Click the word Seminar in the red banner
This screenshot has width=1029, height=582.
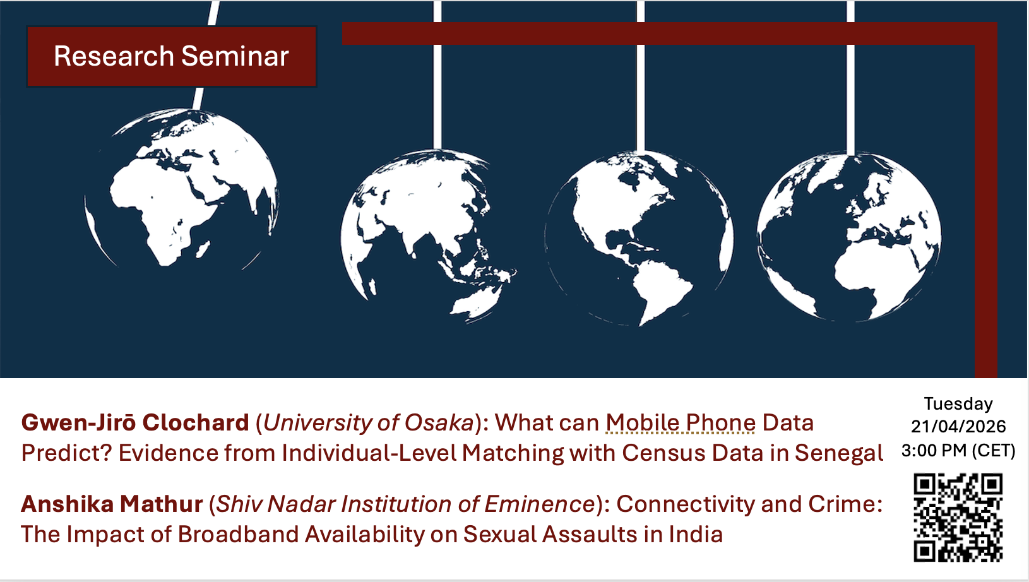tap(235, 56)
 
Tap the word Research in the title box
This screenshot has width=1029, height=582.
tap(114, 56)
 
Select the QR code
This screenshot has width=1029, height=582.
tap(958, 518)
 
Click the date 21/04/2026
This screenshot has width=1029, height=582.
tap(958, 426)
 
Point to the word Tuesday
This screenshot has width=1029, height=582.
tap(958, 404)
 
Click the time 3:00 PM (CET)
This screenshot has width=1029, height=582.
tap(958, 450)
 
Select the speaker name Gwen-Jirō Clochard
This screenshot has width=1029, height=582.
tap(135, 422)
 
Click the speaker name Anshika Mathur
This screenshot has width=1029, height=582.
tap(112, 504)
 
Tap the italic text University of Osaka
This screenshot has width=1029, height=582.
tap(369, 422)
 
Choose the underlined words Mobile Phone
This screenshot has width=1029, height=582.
tap(681, 422)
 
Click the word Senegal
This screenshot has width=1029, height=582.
tap(839, 453)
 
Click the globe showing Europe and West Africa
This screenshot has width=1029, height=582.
tap(849, 237)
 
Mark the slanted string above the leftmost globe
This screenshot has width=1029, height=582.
tap(205, 55)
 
